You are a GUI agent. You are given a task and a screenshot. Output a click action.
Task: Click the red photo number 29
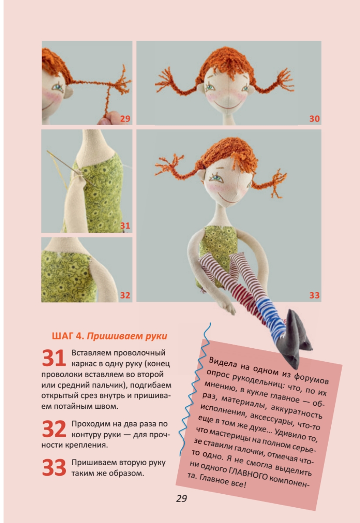coord(125,119)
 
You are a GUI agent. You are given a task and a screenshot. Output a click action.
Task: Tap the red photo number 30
coord(314,119)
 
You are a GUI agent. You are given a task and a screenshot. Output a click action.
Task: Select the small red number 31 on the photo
coord(125,226)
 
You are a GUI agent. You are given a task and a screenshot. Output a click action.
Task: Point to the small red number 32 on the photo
coord(125,295)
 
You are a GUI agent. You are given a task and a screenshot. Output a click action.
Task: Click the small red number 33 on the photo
coord(314,295)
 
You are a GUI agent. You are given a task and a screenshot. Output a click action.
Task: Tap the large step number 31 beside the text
coord(54,358)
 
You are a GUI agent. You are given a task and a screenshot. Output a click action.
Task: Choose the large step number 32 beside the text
coord(54,429)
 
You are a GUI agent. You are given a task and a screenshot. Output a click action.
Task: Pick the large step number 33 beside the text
coord(54,467)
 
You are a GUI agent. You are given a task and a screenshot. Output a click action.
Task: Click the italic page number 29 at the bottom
coord(181,499)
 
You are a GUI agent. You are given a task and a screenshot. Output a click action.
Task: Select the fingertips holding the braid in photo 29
coord(107,118)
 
